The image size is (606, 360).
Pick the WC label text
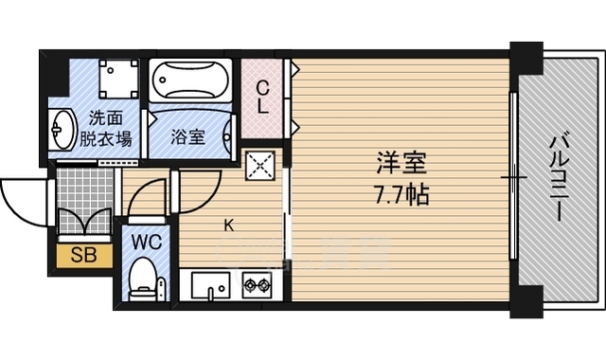coord(148,242)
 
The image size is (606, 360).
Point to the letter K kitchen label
coord(228,225)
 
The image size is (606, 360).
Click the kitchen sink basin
coord(211,283)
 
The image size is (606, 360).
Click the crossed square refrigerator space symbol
coord(259,165)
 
